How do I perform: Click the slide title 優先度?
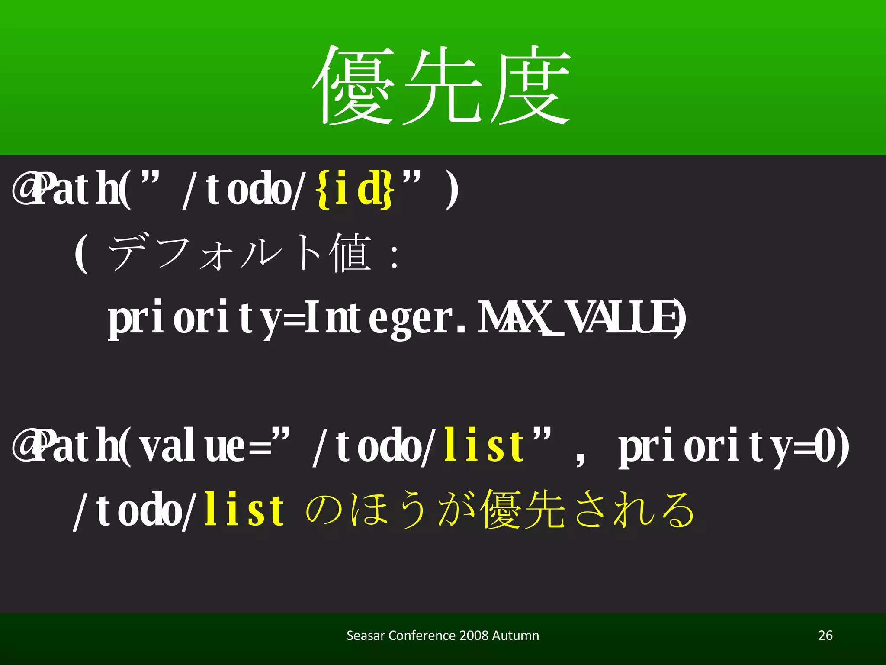[441, 84]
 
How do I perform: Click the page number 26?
[825, 635]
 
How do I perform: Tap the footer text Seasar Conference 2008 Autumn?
[443, 635]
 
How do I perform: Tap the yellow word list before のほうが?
[244, 510]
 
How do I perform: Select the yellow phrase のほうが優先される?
[500, 510]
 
